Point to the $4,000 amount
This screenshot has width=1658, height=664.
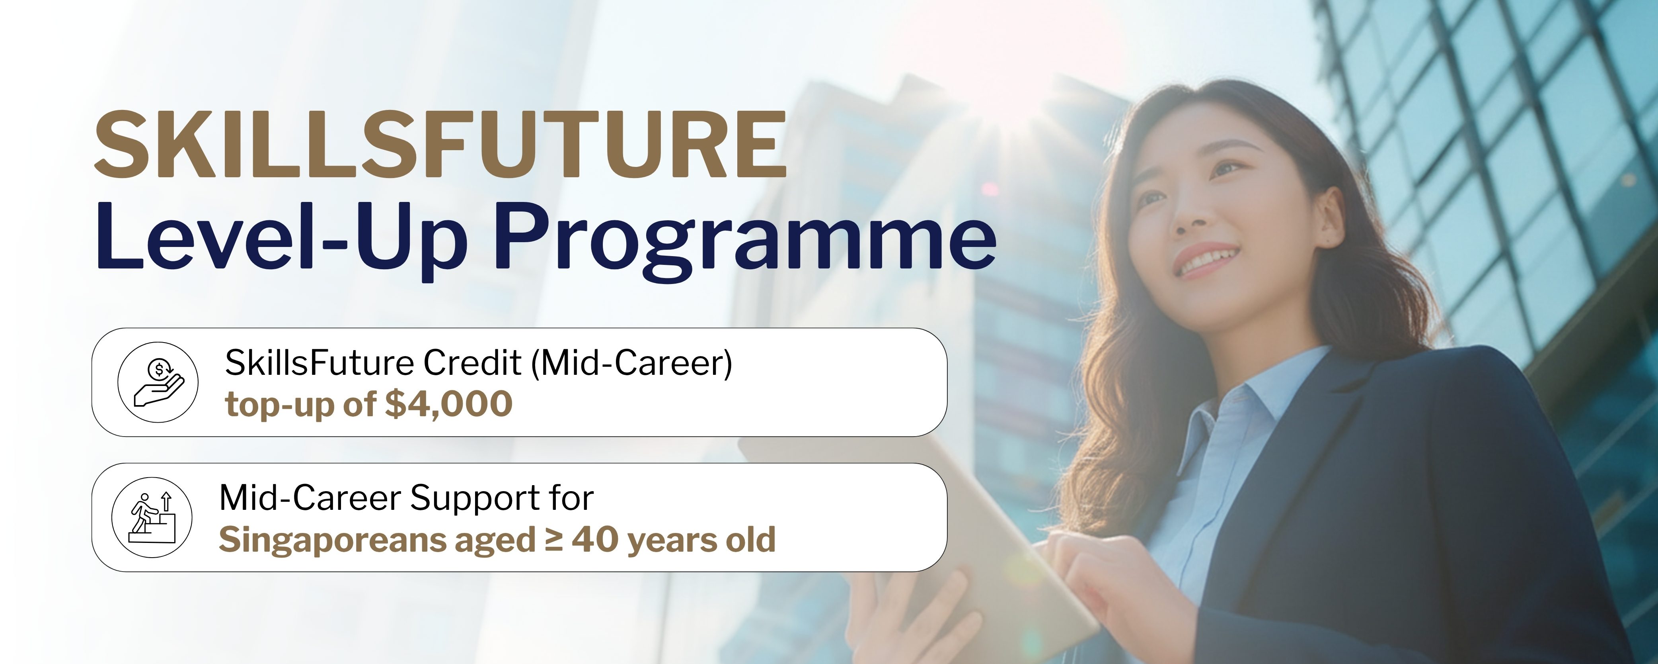448,404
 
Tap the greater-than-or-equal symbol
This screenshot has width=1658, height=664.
553,540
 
